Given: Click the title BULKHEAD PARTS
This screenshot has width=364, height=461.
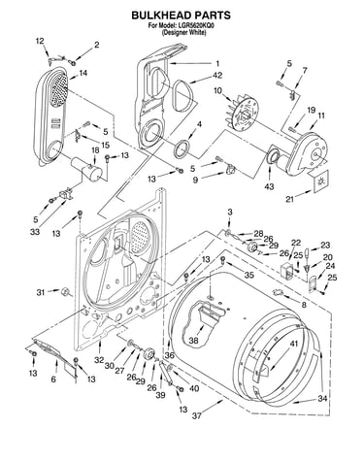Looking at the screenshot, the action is (181, 16).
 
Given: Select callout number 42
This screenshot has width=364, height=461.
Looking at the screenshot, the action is (217, 75).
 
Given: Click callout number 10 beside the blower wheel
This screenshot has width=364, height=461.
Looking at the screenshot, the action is (217, 91).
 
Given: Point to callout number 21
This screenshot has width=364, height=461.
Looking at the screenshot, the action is (289, 199).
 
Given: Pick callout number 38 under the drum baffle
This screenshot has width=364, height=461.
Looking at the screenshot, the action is (194, 341).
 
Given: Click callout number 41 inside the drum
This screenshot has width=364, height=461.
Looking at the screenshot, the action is (293, 344).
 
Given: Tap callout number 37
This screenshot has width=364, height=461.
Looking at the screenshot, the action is (197, 415).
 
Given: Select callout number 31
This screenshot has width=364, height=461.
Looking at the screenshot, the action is (41, 292).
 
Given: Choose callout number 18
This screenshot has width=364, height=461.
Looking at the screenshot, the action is (94, 150).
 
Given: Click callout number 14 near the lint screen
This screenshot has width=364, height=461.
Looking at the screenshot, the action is (83, 73).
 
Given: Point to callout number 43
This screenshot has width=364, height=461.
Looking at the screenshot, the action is (269, 186).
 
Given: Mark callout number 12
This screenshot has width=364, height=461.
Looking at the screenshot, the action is (40, 41).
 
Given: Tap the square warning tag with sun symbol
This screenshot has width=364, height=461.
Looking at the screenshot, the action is (320, 181).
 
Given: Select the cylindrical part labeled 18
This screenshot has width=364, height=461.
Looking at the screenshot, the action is (86, 169).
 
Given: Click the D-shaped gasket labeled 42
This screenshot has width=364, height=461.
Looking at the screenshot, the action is (183, 95).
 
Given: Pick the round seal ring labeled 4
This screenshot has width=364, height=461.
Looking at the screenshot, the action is (182, 148).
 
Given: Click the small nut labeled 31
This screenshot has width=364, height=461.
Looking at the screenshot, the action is (65, 291).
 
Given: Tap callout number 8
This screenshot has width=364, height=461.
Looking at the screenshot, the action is (304, 305).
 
